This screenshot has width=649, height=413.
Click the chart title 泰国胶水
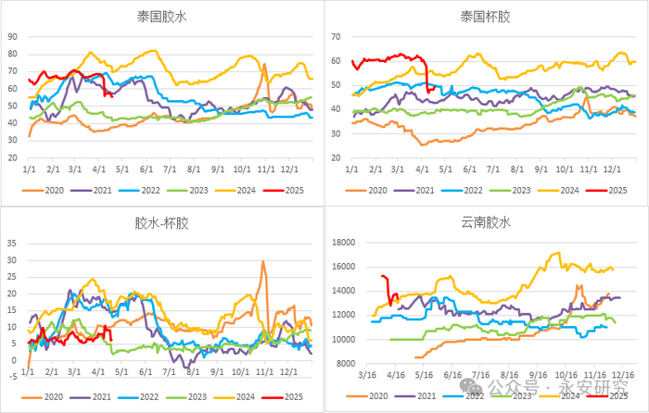(161, 16)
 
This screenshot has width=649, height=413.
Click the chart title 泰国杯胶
(486, 16)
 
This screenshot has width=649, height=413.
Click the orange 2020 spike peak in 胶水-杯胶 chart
(263, 262)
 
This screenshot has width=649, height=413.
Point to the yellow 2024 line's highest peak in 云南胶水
(556, 253)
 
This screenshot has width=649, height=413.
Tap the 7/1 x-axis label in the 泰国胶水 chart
(170, 170)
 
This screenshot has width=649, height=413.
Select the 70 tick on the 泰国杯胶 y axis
(337, 37)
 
